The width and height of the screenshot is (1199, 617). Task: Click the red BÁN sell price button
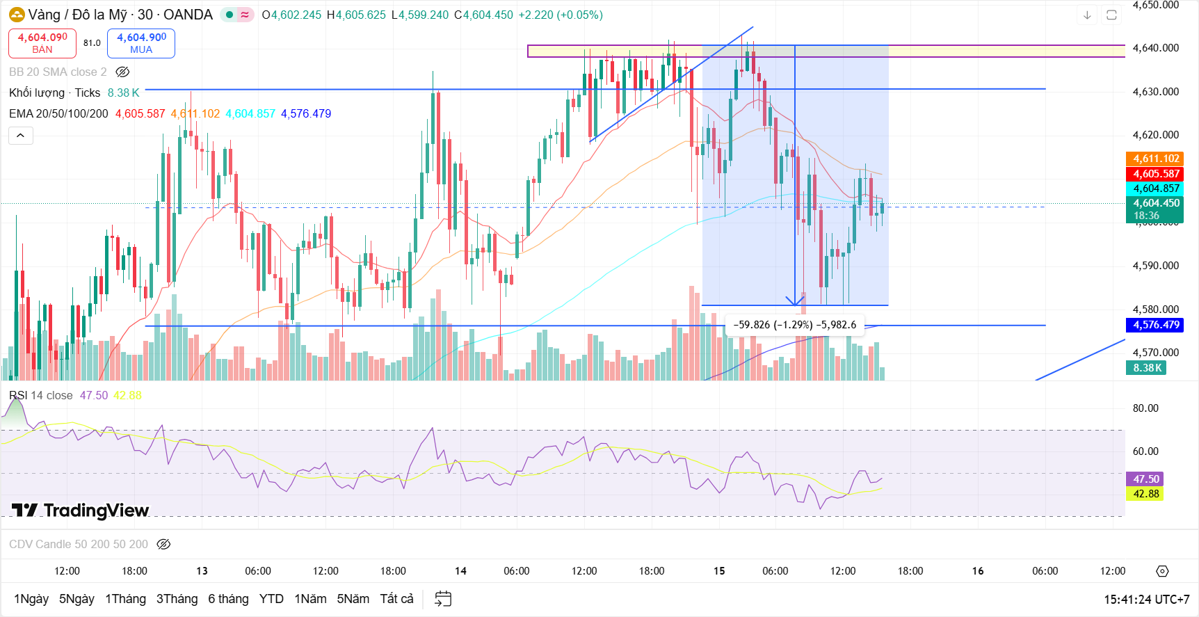click(x=42, y=43)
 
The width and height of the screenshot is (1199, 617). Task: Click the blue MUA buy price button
click(x=141, y=43)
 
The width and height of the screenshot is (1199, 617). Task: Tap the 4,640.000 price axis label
click(x=1155, y=48)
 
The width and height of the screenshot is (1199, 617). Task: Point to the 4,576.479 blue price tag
click(x=1156, y=325)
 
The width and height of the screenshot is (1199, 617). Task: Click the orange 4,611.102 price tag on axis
click(x=1156, y=159)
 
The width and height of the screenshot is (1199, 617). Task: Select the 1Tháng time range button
click(x=125, y=599)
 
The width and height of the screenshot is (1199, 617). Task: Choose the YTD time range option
click(x=271, y=599)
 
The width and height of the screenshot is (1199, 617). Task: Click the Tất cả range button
click(x=396, y=599)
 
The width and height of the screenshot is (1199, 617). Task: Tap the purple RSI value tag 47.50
click(x=1145, y=479)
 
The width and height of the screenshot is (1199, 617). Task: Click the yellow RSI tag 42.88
click(x=1145, y=494)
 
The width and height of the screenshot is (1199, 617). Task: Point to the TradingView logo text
click(x=81, y=511)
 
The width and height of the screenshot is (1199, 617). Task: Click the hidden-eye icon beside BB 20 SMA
click(x=122, y=72)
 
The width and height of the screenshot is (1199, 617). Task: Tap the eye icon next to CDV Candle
click(x=163, y=544)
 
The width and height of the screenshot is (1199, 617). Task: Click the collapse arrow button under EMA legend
click(x=21, y=136)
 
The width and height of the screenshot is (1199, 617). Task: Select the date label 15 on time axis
click(x=719, y=571)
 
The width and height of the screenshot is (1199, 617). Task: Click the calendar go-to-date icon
click(x=443, y=599)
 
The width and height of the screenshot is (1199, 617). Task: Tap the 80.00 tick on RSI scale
click(x=1145, y=408)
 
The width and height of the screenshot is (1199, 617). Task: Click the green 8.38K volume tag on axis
click(x=1146, y=368)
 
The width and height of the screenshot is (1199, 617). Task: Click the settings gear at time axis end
click(x=1162, y=571)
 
